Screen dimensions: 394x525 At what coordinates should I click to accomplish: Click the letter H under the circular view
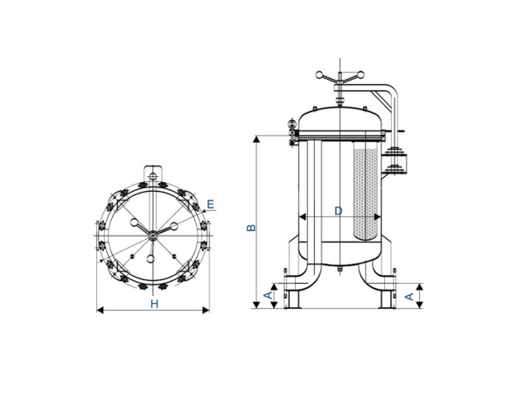tap(153, 304)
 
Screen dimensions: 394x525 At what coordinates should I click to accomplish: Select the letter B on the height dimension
tap(249, 227)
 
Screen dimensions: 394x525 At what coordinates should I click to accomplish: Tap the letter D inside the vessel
tap(338, 210)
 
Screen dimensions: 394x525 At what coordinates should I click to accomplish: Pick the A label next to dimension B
tap(268, 297)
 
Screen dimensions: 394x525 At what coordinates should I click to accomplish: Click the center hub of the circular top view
tap(152, 232)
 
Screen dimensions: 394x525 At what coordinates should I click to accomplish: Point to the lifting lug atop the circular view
tap(152, 173)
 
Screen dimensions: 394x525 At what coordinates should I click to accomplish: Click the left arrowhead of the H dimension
tap(99, 309)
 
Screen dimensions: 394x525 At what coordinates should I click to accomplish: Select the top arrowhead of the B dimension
tap(257, 138)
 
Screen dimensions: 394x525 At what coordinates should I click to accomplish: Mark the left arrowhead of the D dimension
tap(301, 216)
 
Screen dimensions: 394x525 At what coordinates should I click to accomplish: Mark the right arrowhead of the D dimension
tap(378, 216)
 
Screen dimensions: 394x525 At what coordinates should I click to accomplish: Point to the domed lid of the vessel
tap(339, 115)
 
